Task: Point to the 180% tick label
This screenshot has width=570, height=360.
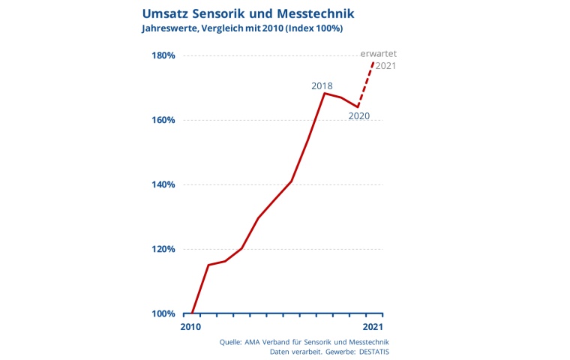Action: tap(163, 55)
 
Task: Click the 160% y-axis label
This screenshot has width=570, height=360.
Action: tap(163, 120)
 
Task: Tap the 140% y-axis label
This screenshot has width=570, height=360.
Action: tap(163, 184)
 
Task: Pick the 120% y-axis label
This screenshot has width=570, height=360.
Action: tap(163, 249)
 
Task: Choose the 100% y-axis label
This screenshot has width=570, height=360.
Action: tap(163, 313)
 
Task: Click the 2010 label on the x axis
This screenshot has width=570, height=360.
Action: tap(190, 327)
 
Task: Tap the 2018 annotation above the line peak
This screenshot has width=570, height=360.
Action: tap(322, 86)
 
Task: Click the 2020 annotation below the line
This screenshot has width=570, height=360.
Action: tap(359, 116)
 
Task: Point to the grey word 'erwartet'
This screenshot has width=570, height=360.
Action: tap(378, 54)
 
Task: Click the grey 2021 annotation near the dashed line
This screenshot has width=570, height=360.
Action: tap(385, 66)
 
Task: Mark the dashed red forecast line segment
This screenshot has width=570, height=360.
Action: tap(366, 84)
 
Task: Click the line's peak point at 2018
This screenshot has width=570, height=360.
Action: tap(324, 93)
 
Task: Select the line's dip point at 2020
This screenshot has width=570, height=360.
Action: tap(358, 106)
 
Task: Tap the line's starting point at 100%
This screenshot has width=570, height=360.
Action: tap(192, 313)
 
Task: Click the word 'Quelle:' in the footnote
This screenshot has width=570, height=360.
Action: tap(233, 342)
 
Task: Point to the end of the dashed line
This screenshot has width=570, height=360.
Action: tap(373, 61)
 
